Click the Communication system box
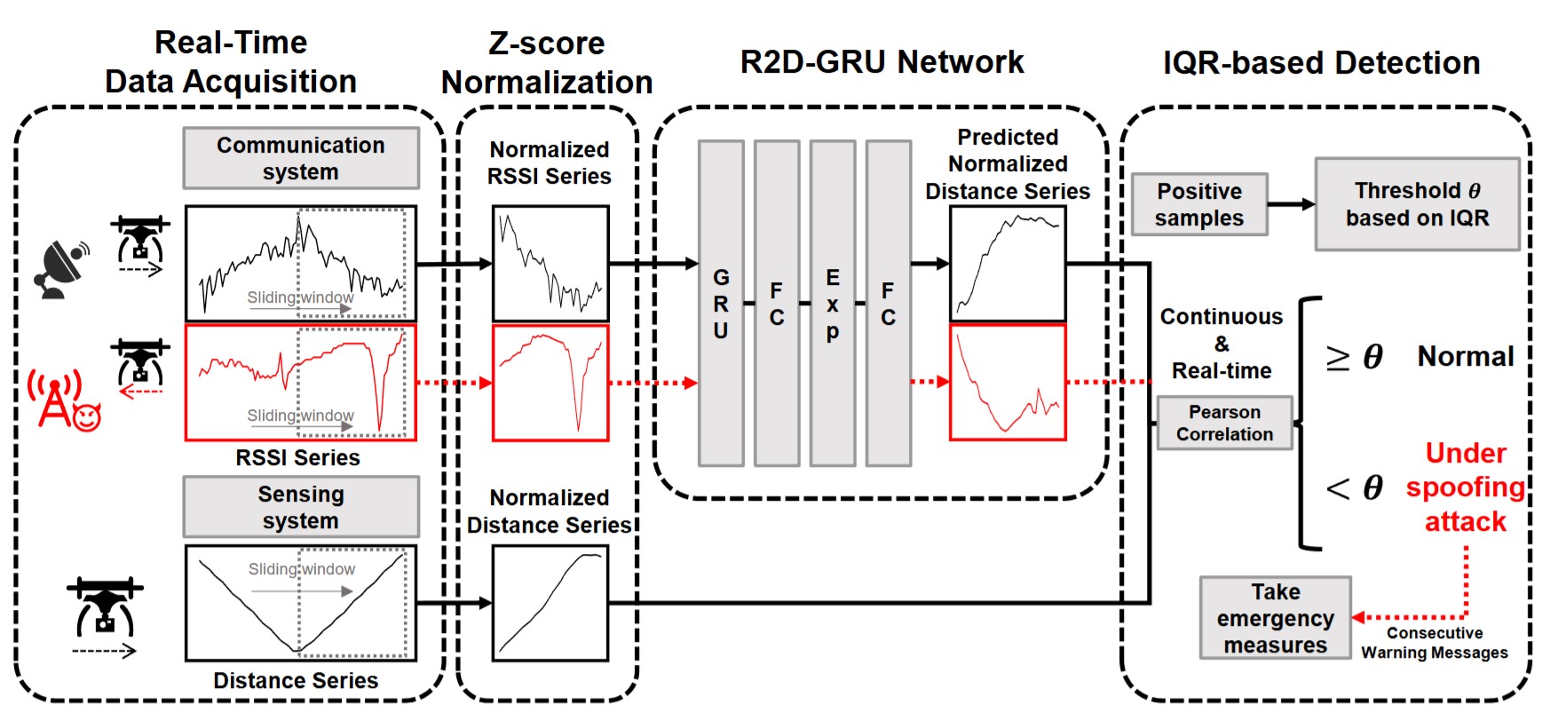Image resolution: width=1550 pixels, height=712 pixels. (301, 158)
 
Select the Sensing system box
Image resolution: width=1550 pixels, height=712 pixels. (301, 507)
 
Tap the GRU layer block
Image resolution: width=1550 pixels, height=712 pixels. (721, 303)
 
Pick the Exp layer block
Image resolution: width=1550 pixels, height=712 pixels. (833, 303)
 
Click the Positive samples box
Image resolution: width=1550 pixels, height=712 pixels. (1199, 204)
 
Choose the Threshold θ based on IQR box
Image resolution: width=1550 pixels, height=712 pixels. (1417, 204)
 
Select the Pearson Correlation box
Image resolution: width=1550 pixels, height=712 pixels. (1224, 423)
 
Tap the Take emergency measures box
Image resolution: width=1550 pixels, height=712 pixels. (1276, 618)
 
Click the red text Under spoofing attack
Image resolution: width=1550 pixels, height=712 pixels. (1466, 487)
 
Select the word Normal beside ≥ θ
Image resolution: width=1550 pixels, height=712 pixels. (1466, 357)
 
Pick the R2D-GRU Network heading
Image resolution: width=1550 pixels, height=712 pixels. (882, 62)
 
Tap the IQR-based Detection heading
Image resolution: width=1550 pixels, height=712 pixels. (1321, 63)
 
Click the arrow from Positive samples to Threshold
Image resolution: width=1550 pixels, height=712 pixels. (1291, 204)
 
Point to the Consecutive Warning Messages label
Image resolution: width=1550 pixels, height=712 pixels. (1435, 643)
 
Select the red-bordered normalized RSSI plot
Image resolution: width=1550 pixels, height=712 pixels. (550, 383)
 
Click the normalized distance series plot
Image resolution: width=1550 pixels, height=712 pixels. (550, 603)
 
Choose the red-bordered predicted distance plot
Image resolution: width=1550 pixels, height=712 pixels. (1008, 383)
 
